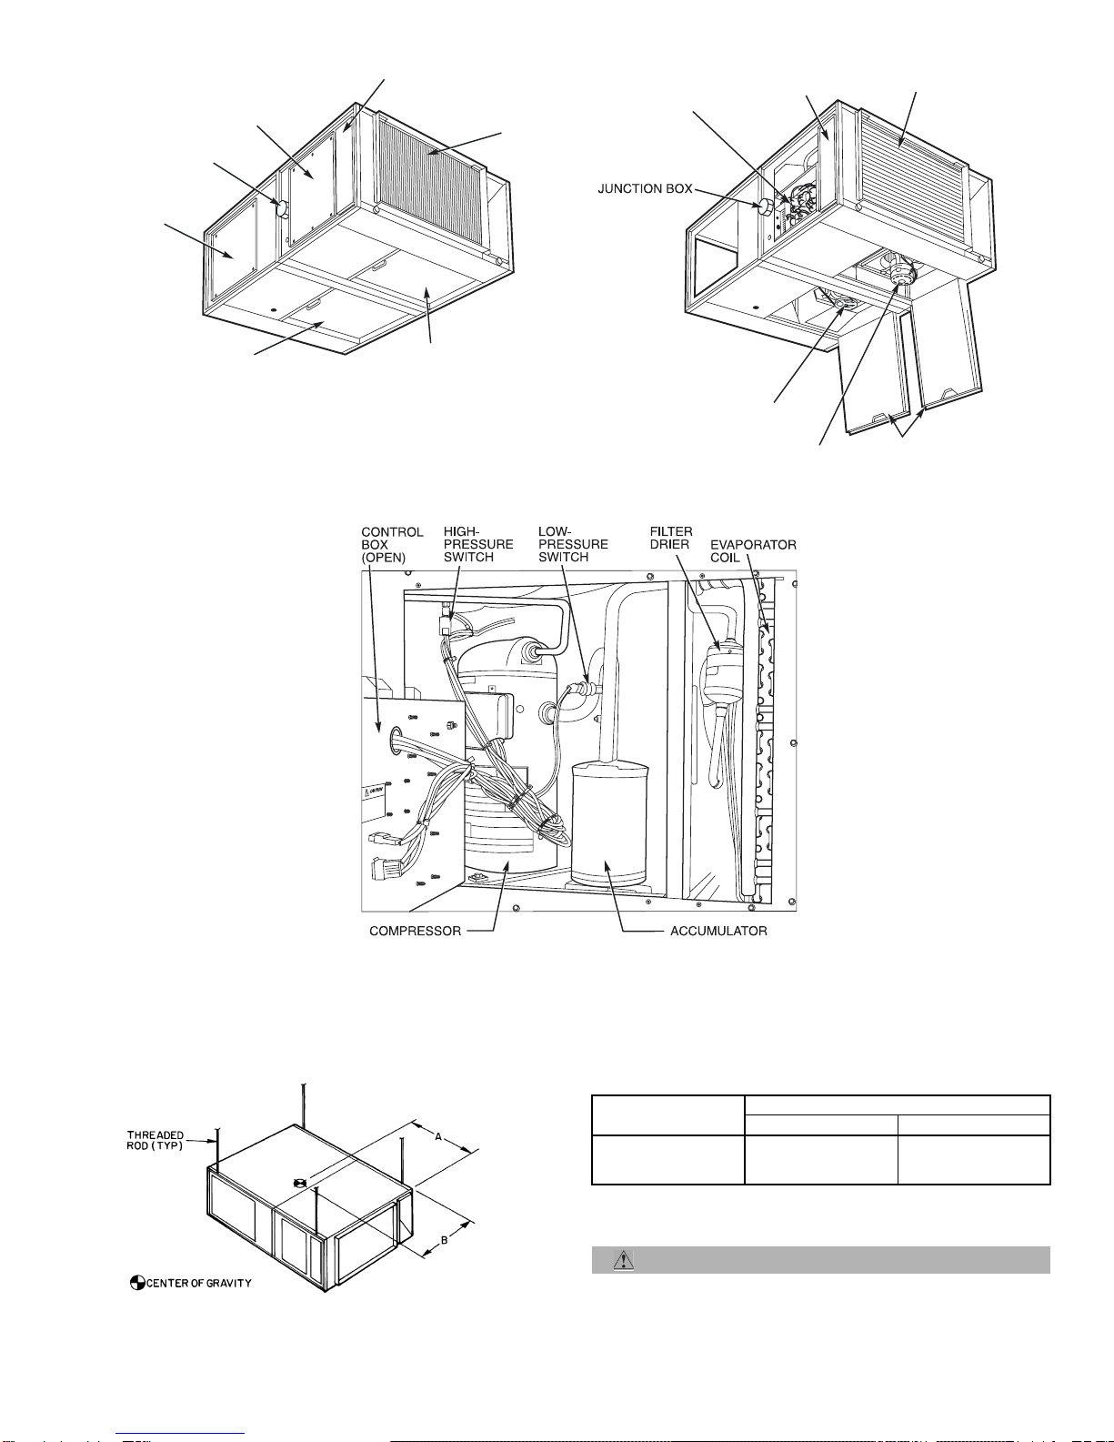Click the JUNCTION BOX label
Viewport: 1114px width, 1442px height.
(x=645, y=188)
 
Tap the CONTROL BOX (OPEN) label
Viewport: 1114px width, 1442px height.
(x=392, y=544)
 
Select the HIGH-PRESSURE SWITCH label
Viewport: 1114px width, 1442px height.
(x=478, y=544)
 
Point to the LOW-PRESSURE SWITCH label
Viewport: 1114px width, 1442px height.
(x=573, y=544)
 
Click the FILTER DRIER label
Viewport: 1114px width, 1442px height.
(x=671, y=538)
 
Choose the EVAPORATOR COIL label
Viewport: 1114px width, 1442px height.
(x=753, y=550)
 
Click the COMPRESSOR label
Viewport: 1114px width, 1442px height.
(x=415, y=931)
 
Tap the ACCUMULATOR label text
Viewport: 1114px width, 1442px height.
(x=718, y=931)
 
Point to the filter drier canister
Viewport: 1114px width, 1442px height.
(x=722, y=673)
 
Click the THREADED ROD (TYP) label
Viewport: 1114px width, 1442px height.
(x=156, y=1140)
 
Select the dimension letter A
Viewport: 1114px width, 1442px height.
(x=438, y=1136)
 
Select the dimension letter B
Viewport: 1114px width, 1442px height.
(x=445, y=1239)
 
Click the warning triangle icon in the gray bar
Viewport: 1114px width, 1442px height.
(x=623, y=1259)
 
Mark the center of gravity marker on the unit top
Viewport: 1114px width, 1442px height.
(x=298, y=1184)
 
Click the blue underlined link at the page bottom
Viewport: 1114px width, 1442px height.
(x=180, y=1435)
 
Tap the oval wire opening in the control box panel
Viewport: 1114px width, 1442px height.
(x=396, y=740)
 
